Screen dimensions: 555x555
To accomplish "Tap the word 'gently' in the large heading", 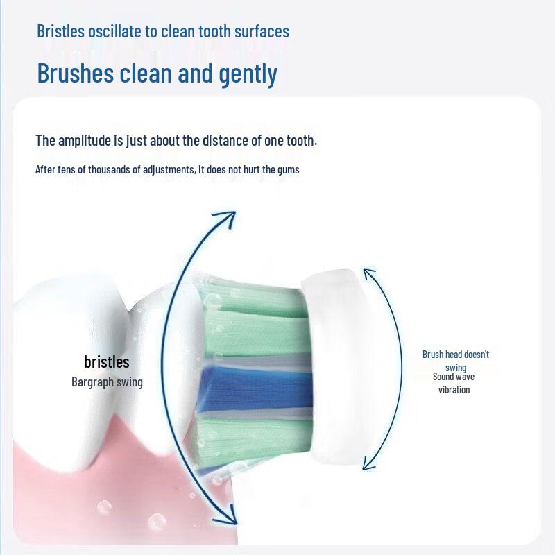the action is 248,74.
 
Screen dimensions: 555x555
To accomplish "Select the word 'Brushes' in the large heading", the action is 76,73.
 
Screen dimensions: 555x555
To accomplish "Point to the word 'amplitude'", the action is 84,141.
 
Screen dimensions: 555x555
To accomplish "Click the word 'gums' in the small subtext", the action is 288,170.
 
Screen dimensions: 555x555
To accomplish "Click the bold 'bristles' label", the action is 107,361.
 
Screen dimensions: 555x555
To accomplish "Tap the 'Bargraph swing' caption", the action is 107,382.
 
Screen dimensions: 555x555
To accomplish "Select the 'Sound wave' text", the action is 454,377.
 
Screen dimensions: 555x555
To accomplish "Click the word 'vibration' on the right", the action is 454,390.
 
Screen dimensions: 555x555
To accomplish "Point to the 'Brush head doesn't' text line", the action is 456,355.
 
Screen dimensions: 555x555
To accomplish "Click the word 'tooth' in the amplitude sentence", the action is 301,141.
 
